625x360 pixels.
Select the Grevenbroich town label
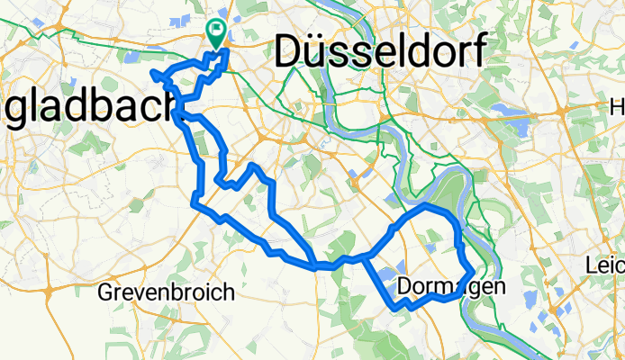pyautogui.click(x=166, y=292)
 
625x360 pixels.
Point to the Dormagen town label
pyautogui.click(x=445, y=286)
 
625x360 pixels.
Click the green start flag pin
pyautogui.click(x=216, y=32)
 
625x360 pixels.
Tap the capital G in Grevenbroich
pyautogui.click(x=104, y=292)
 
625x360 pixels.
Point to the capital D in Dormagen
pyautogui.click(x=403, y=286)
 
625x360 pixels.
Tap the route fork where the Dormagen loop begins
pyautogui.click(x=364, y=259)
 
